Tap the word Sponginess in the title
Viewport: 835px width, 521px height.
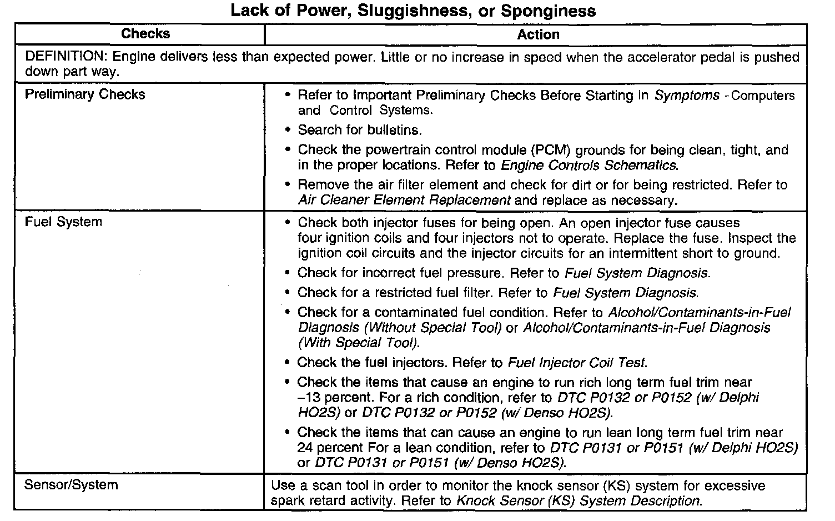[549, 11]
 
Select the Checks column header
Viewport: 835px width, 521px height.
[145, 34]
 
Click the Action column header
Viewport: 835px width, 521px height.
[538, 34]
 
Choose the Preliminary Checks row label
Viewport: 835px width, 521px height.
[85, 94]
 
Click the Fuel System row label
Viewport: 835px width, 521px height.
[63, 222]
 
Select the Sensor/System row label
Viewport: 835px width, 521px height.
[71, 485]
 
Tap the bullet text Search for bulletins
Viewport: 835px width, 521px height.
[360, 130]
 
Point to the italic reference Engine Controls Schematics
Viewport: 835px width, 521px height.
[588, 166]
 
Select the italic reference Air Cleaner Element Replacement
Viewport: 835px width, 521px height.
[404, 200]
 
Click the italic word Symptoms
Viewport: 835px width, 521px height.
[687, 96]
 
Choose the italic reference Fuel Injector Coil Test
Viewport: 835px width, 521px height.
[577, 363]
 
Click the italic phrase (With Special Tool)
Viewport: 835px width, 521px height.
[359, 343]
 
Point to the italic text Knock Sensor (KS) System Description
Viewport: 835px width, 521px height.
[578, 501]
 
